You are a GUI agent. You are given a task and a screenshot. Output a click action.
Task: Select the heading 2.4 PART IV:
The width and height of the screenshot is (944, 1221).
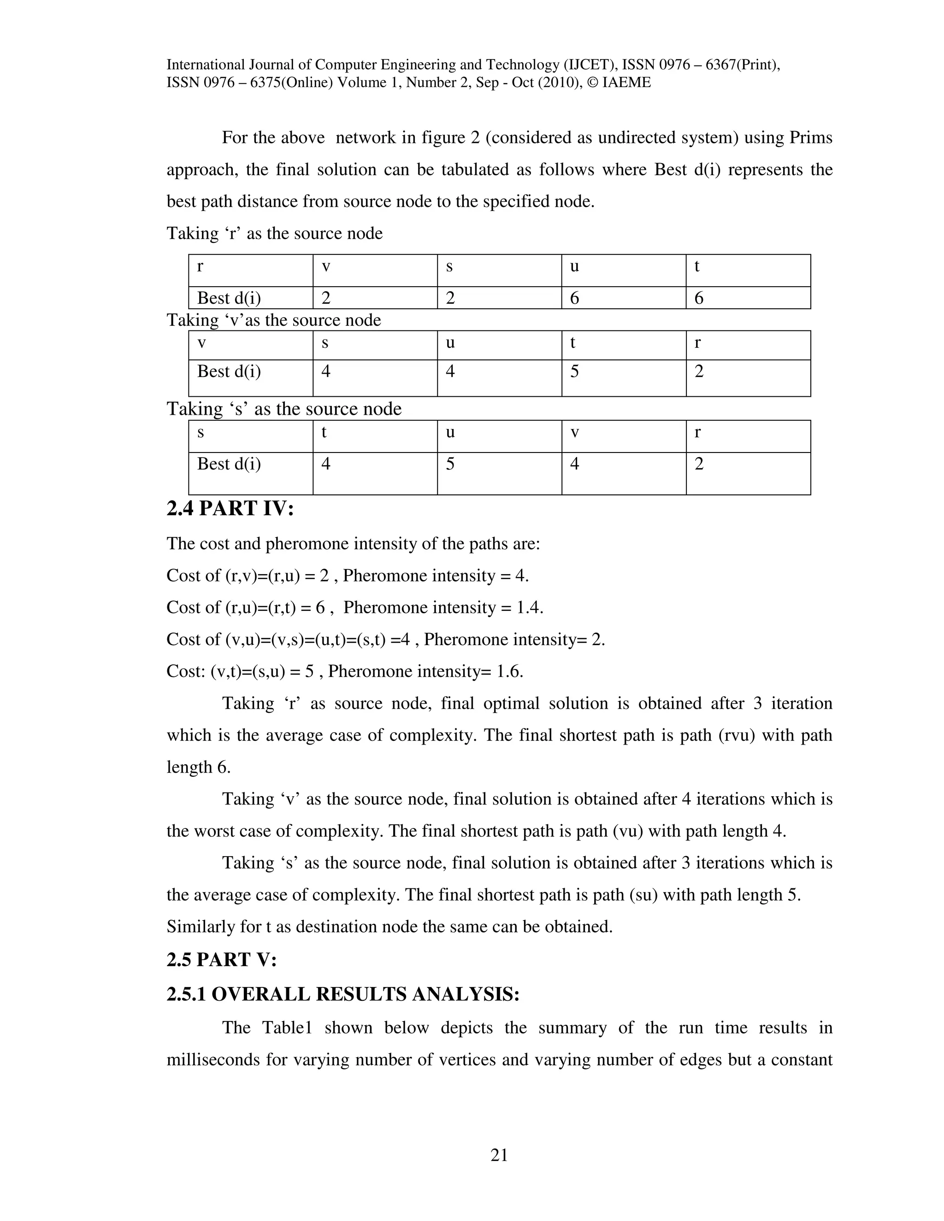point(230,509)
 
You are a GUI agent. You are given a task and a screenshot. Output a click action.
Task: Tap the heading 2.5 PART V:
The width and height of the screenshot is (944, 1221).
point(221,959)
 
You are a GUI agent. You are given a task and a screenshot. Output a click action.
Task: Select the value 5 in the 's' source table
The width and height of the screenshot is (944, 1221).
point(450,464)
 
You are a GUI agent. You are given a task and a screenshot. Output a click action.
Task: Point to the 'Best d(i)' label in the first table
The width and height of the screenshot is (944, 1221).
point(229,298)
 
